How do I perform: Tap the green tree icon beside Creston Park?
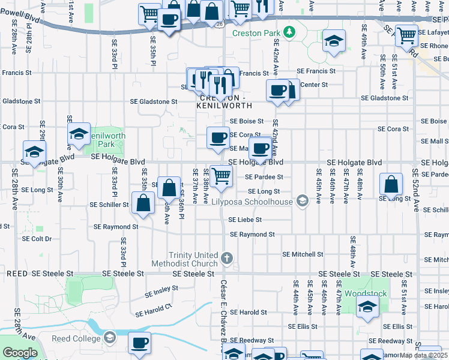[289, 31]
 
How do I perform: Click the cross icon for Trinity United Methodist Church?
[226, 259]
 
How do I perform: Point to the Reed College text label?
[77, 338]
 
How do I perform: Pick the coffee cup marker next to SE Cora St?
[218, 137]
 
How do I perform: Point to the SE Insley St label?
[161, 292]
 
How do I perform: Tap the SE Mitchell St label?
[303, 254]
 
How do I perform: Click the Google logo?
[20, 353]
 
